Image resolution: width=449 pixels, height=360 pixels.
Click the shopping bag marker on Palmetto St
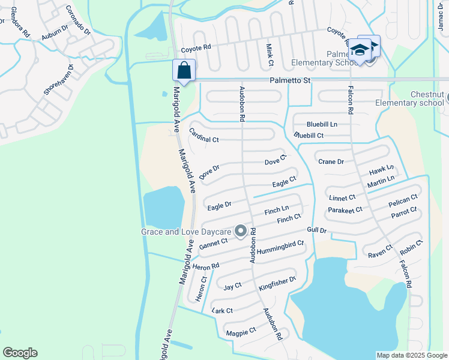[x=184, y=70]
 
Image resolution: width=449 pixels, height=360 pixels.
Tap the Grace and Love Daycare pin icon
[x=241, y=230]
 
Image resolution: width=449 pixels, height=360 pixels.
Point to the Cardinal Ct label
[x=204, y=136]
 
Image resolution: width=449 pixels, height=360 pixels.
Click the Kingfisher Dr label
[x=277, y=284]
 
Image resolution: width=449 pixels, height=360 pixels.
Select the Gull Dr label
[x=316, y=230]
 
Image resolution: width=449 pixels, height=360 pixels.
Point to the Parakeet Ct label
[x=345, y=210]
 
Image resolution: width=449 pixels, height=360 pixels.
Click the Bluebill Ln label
[x=322, y=124]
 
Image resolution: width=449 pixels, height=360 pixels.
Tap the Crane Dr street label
[x=331, y=161]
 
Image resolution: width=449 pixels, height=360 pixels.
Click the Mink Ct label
[x=270, y=55]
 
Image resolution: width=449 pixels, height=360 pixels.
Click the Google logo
[x=20, y=353]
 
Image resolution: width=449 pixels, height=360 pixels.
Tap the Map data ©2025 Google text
[x=411, y=355]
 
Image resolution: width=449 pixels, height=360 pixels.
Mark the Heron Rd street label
[x=206, y=266]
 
